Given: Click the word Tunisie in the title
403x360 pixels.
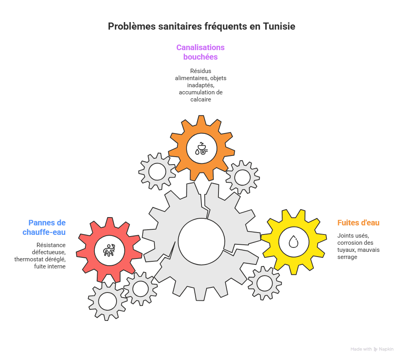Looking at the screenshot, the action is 279,26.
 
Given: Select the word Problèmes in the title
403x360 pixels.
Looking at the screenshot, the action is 132,26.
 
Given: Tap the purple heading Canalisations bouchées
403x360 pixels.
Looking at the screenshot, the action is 200,52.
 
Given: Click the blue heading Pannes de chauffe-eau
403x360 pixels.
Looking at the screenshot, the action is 44,227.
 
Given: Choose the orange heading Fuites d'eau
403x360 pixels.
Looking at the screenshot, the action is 358,223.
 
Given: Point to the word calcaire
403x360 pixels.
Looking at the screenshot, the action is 201,99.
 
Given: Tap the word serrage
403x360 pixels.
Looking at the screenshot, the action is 347,257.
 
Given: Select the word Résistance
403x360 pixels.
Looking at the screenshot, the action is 51,245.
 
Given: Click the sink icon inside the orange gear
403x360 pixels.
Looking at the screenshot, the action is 201,148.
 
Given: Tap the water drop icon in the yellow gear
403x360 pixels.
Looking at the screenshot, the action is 294,241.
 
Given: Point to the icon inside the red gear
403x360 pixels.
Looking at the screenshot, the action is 109,250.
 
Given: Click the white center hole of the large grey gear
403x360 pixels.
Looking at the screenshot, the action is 201,241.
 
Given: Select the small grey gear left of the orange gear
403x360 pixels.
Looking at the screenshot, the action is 157,172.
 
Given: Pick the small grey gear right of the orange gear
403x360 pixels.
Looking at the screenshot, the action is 242,177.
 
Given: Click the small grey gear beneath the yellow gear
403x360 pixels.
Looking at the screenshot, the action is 264,283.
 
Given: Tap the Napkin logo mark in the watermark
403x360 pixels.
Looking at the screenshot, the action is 375,349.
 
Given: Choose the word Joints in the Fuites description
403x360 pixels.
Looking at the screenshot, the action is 345,236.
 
